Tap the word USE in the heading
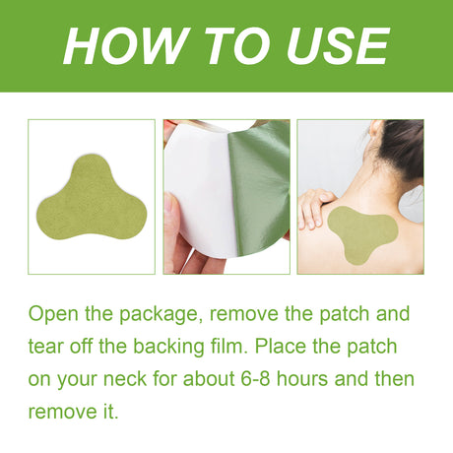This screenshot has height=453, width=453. [x=329, y=46]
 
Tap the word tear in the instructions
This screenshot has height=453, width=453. [x=45, y=347]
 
